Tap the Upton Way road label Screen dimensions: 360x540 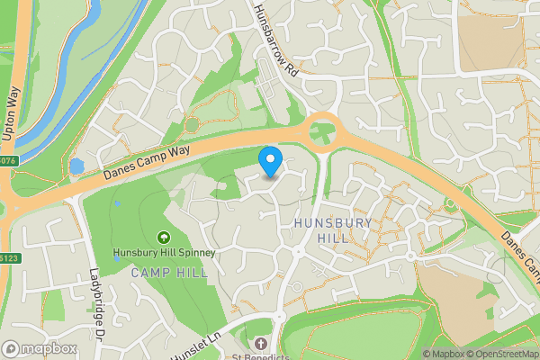13,112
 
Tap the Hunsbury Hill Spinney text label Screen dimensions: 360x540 164,254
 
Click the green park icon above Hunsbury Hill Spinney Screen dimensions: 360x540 164,238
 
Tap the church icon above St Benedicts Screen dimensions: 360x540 261,343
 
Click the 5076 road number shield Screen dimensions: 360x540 7,161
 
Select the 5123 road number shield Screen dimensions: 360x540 8,257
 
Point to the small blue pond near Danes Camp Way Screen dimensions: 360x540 76,167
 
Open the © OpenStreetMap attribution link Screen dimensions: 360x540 502,354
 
